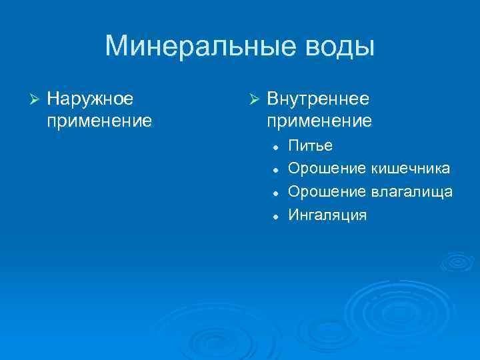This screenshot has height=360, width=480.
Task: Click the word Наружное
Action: pyautogui.click(x=90, y=99)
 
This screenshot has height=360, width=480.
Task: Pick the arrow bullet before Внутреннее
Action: pyautogui.click(x=253, y=99)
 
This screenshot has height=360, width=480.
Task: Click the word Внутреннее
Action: pyautogui.click(x=318, y=99)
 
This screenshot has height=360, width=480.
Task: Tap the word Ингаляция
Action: pyautogui.click(x=327, y=215)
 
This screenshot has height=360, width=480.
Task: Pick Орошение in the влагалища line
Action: pyautogui.click(x=327, y=192)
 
